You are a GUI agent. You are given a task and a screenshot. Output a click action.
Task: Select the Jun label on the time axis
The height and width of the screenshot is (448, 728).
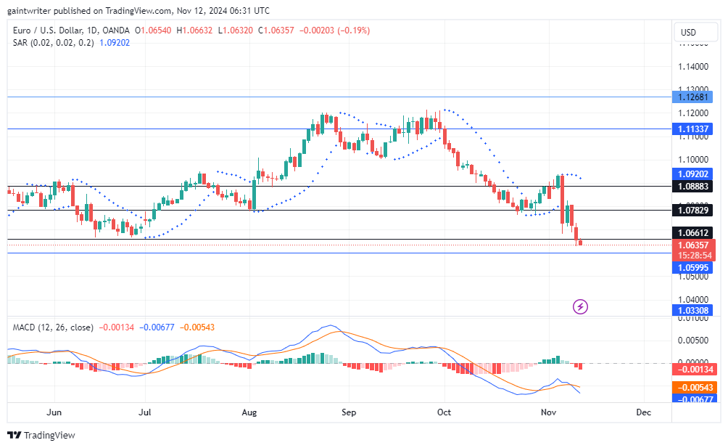pyautogui.click(x=54, y=412)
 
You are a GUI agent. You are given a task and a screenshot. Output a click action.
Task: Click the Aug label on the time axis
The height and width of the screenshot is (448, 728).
pyautogui.click(x=249, y=412)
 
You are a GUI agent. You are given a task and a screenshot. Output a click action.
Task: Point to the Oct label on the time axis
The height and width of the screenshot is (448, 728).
pyautogui.click(x=444, y=412)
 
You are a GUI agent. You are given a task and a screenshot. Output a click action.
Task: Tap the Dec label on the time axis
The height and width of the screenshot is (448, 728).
pyautogui.click(x=642, y=412)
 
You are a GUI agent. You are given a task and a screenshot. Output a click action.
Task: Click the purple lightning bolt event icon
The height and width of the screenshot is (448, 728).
pyautogui.click(x=580, y=306)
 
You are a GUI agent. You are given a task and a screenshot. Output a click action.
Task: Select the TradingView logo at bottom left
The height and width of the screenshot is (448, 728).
pyautogui.click(x=41, y=435)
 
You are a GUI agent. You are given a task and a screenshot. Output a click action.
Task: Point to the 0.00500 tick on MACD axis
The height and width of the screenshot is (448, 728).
pyautogui.click(x=692, y=340)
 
